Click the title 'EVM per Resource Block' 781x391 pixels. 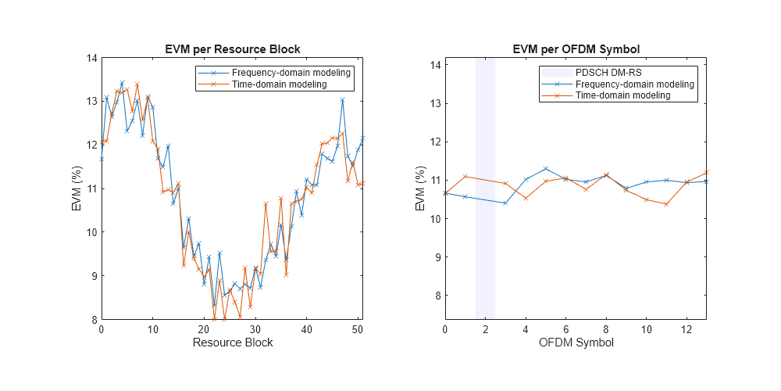click(x=233, y=48)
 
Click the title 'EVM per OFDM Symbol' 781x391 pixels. click(x=576, y=48)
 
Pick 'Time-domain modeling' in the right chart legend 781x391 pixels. click(x=622, y=95)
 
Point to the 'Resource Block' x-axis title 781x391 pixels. click(x=233, y=343)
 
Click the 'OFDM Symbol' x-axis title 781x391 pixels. click(x=576, y=343)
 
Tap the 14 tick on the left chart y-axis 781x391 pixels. click(x=91, y=58)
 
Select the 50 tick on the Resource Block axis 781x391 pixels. click(x=358, y=329)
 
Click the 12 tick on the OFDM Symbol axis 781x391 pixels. click(x=686, y=329)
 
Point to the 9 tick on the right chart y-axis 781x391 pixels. click(x=434, y=257)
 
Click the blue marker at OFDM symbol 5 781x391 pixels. click(x=546, y=169)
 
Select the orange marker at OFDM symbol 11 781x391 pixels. click(x=666, y=204)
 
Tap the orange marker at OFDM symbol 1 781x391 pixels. click(x=465, y=177)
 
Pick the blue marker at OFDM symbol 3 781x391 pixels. click(x=505, y=203)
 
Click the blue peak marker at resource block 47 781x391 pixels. click(x=342, y=100)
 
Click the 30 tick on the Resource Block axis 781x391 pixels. click(x=255, y=329)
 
